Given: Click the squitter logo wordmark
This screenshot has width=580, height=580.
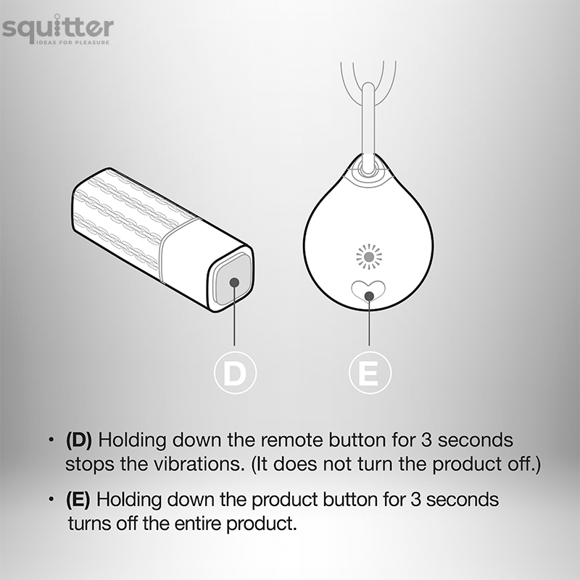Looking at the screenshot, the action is (58, 28).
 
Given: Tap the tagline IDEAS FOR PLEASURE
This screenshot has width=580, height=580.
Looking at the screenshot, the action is (73, 43).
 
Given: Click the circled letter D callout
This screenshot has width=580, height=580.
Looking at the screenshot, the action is (235, 373).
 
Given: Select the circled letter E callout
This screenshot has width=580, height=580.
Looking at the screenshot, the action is (370, 373).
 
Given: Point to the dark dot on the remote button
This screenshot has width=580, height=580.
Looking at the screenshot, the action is (234, 283).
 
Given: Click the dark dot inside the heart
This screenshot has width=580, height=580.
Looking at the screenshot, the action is (369, 296).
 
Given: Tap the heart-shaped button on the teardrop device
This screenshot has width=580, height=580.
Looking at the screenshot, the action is (368, 291).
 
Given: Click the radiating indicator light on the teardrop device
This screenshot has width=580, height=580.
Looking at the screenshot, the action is (369, 257).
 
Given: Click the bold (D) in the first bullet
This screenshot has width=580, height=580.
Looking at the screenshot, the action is (79, 440).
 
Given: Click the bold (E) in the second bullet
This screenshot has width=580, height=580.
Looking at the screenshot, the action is (78, 500).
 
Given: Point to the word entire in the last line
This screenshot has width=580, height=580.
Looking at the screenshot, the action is (198, 523).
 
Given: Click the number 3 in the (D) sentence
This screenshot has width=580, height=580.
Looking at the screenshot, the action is (426, 440).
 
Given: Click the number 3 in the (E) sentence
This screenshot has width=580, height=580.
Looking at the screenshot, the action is (415, 500).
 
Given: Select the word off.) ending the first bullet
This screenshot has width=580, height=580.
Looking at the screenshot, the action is (523, 464).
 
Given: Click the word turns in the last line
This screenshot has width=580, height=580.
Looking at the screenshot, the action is (90, 523).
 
